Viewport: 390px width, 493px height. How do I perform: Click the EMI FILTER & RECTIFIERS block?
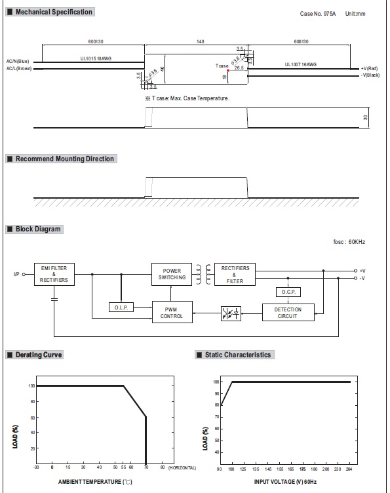[x=54, y=274]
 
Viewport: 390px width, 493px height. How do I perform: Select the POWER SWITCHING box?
[x=172, y=273]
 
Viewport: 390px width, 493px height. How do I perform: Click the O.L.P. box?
[x=121, y=307]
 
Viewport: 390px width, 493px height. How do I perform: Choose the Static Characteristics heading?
[x=237, y=355]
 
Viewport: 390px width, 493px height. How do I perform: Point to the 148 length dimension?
[x=199, y=42]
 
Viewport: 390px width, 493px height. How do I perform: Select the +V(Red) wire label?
[x=369, y=68]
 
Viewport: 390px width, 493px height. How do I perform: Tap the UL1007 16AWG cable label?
[x=301, y=64]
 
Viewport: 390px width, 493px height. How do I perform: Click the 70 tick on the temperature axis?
[x=146, y=468]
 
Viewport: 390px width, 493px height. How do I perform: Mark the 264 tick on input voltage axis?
[x=349, y=469]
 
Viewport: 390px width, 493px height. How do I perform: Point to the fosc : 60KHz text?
[x=349, y=242]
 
